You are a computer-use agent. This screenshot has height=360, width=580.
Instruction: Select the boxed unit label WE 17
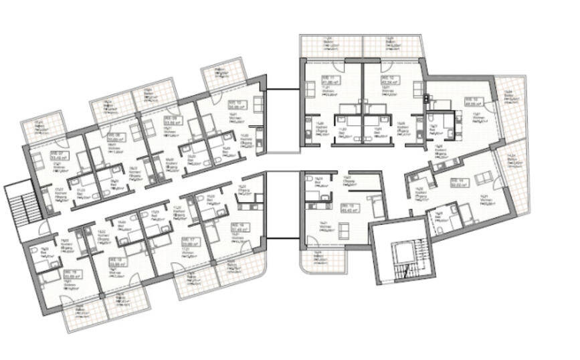point(191,242)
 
